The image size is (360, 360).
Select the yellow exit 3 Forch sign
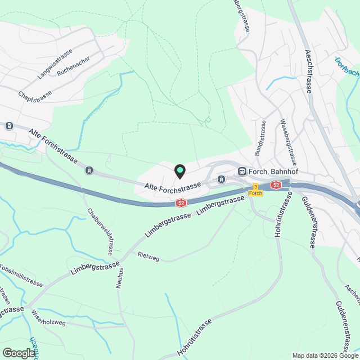pos(255,190)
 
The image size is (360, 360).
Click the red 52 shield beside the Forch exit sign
pos(275,184)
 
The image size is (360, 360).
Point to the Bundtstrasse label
pos(260,138)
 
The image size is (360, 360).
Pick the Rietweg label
pos(148,256)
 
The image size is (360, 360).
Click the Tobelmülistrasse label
pos(21,275)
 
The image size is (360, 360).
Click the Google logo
pos(18,353)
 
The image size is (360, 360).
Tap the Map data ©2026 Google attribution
pos(325,355)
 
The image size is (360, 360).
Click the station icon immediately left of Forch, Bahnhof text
pos(242,170)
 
